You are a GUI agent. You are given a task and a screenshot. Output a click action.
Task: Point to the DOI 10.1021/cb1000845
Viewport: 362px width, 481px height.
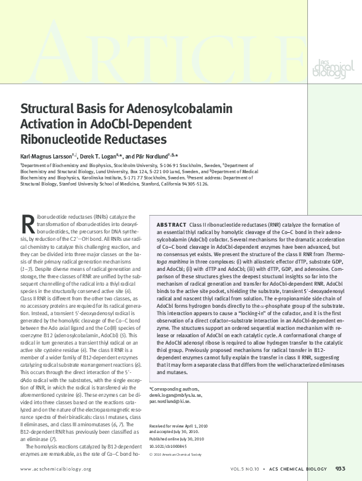click(169, 447)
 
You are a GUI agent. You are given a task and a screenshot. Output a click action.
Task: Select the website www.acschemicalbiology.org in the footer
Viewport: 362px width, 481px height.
click(56, 469)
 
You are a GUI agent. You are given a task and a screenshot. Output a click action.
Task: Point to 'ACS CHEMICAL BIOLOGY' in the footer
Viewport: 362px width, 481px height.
click(300, 469)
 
